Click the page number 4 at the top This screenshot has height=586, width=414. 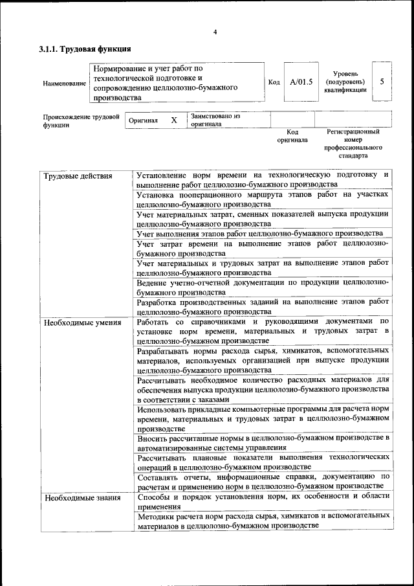point(214,32)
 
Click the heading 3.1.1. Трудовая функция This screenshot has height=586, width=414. point(85,49)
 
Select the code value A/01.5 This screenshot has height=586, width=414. point(301,82)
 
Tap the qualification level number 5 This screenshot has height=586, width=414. point(382,82)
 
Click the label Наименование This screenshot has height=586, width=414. point(64,84)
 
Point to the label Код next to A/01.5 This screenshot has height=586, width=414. point(274,82)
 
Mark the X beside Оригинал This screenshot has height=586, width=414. point(173,120)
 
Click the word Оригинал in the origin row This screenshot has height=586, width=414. point(143,121)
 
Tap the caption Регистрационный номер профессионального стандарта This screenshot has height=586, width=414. point(353,144)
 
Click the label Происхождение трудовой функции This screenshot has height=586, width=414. point(82,121)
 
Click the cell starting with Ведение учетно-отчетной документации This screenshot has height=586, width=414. point(263,287)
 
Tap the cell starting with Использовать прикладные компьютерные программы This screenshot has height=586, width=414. point(263,418)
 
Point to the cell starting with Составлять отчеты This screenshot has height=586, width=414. point(263,481)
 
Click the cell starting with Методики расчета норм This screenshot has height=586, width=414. point(263,521)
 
